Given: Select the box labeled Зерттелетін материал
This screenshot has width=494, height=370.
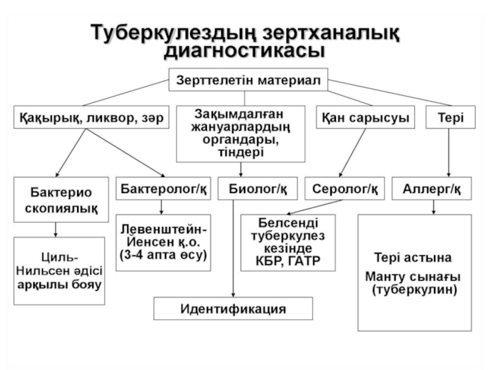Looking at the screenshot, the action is [x=248, y=80].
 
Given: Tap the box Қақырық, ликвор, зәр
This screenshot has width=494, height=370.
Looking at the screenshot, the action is [x=91, y=117].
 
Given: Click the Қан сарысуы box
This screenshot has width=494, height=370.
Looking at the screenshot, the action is [x=366, y=117].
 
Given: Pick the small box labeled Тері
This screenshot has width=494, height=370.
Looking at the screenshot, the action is [x=451, y=117].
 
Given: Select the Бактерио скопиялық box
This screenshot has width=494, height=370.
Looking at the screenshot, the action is [x=61, y=200].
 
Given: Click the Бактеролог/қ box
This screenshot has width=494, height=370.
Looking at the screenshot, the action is [x=164, y=189].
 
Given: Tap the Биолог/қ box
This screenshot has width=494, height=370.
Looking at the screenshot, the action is [x=257, y=189].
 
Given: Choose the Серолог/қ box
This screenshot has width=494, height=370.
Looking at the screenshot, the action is [x=345, y=189].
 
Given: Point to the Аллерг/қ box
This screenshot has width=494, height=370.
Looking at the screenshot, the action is [x=432, y=189].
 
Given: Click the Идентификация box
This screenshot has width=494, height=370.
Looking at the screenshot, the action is [x=233, y=309].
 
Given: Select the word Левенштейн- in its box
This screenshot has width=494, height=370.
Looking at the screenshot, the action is [x=164, y=229].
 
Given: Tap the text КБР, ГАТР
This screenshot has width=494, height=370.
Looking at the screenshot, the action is [x=288, y=261].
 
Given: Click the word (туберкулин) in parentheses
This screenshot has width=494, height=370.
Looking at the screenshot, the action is [x=414, y=289].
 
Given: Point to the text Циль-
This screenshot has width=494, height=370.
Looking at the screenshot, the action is [x=59, y=257].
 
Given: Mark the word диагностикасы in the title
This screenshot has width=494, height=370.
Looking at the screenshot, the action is [x=245, y=51].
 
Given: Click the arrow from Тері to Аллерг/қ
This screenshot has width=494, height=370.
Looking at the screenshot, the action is [x=449, y=153].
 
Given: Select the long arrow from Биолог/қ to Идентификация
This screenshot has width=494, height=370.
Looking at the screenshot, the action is [x=233, y=249].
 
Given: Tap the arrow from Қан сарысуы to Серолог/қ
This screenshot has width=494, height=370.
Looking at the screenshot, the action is [x=352, y=153].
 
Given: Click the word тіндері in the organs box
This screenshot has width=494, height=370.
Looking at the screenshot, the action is [x=241, y=152].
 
